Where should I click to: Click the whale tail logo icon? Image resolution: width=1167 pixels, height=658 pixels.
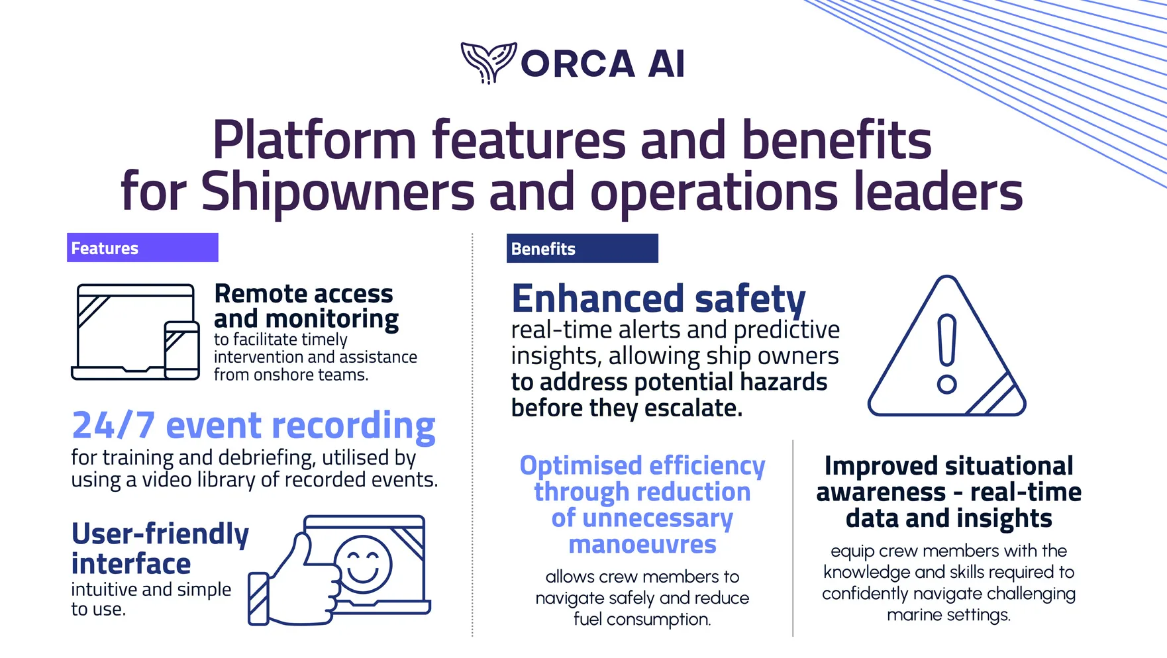click(x=489, y=62)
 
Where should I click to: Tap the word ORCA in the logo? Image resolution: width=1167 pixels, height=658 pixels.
click(x=578, y=64)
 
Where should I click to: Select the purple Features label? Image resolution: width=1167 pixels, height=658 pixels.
click(x=142, y=248)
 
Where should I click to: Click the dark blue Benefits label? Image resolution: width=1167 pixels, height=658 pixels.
click(x=582, y=248)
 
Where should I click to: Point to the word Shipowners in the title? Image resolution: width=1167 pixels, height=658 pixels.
click(x=338, y=191)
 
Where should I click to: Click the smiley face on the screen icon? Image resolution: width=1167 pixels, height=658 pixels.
click(x=363, y=564)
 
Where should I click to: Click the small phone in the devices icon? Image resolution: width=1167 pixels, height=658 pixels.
click(x=182, y=350)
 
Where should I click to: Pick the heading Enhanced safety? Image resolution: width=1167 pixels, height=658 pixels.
click(x=658, y=299)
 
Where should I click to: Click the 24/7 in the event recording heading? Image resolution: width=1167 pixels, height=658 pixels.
click(x=113, y=425)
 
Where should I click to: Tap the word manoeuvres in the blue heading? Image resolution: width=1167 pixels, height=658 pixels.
click(x=642, y=544)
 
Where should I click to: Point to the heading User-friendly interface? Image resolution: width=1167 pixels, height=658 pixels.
click(x=160, y=549)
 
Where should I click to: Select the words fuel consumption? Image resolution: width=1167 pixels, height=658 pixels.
click(x=642, y=619)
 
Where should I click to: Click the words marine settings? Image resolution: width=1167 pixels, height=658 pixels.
click(x=948, y=615)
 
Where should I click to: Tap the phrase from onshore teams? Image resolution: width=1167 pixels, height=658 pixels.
click(x=291, y=375)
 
